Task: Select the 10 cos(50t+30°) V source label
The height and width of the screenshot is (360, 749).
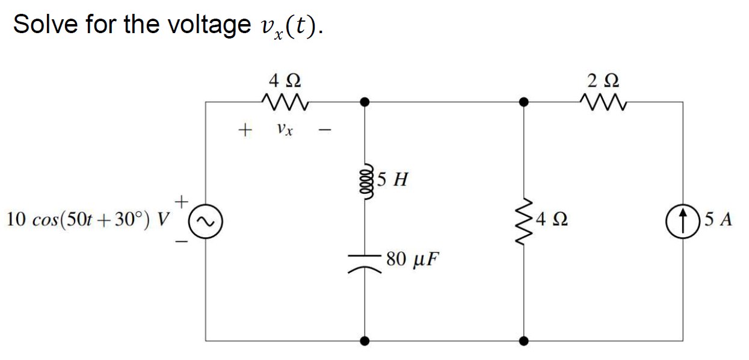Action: point(87,220)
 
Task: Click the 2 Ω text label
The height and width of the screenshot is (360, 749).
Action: point(603,79)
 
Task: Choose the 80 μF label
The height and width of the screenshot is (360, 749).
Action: point(413,259)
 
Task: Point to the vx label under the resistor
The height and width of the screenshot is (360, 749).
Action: point(285,129)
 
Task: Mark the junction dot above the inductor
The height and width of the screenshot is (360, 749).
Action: point(365,102)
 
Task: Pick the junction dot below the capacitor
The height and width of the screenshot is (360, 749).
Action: point(365,341)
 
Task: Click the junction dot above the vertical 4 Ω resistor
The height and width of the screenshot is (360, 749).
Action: point(525,102)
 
